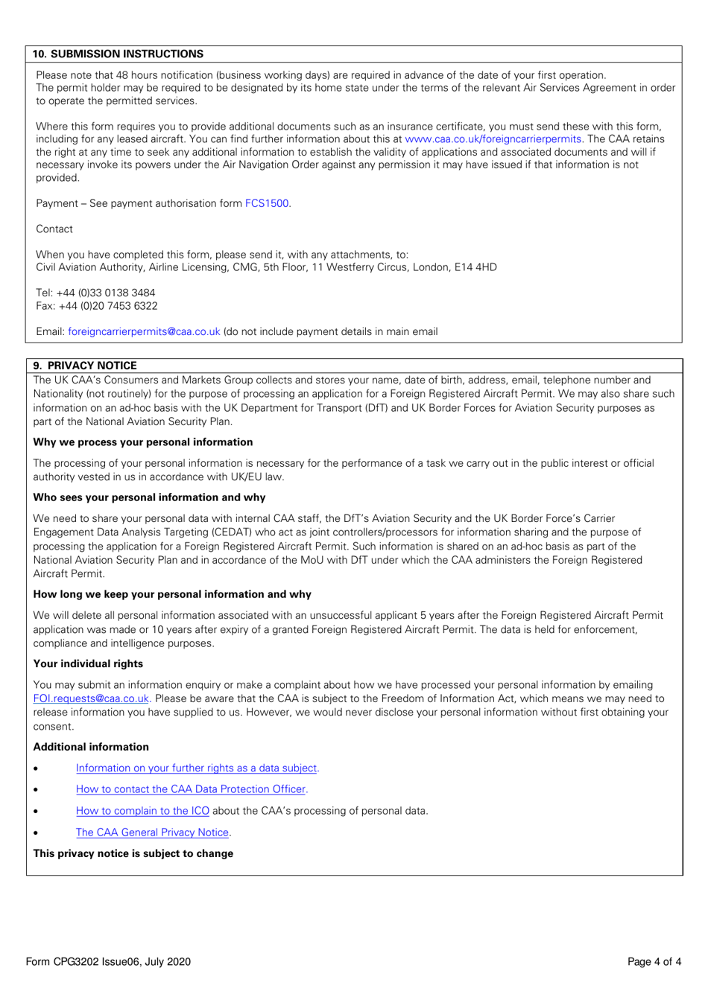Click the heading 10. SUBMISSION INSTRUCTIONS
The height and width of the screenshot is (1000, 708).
118,54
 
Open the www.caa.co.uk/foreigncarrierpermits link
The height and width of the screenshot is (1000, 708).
493,139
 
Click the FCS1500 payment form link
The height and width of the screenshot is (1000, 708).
267,203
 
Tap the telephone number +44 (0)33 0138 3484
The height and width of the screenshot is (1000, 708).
106,293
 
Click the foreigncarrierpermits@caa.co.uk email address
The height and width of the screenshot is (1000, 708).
144,331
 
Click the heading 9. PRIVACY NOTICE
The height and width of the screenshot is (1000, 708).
85,366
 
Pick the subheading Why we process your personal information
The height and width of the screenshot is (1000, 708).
143,442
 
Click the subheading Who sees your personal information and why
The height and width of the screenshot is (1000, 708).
149,497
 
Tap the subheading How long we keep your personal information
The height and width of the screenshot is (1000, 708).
172,594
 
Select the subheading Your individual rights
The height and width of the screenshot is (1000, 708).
88,663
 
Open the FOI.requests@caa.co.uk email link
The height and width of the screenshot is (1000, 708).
91,698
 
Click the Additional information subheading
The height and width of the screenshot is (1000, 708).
91,747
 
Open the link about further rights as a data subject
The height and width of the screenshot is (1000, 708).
197,768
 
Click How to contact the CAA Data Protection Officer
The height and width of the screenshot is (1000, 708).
191,789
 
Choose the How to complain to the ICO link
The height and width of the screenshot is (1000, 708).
142,811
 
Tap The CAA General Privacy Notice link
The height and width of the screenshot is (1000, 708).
152,832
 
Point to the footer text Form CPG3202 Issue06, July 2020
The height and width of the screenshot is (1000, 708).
108,961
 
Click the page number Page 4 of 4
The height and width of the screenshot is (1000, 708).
654,961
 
